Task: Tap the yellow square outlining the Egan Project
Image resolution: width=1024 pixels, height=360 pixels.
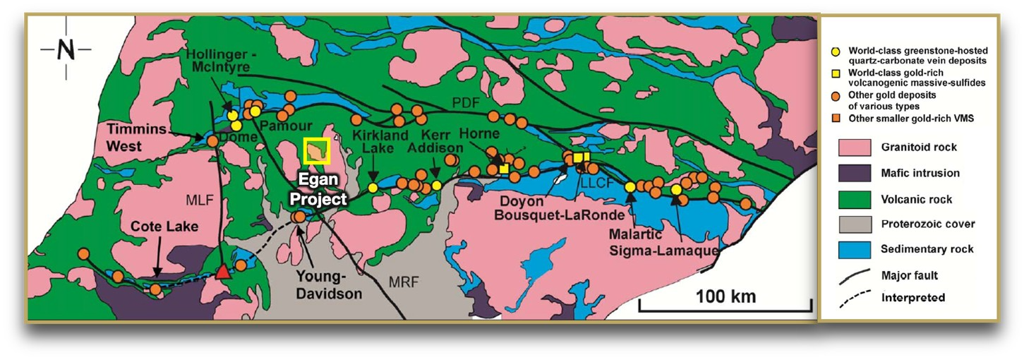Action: (317, 150)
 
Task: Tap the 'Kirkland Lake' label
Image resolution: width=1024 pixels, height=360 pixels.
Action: (372, 140)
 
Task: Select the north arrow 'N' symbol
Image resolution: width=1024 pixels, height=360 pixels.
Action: (66, 50)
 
